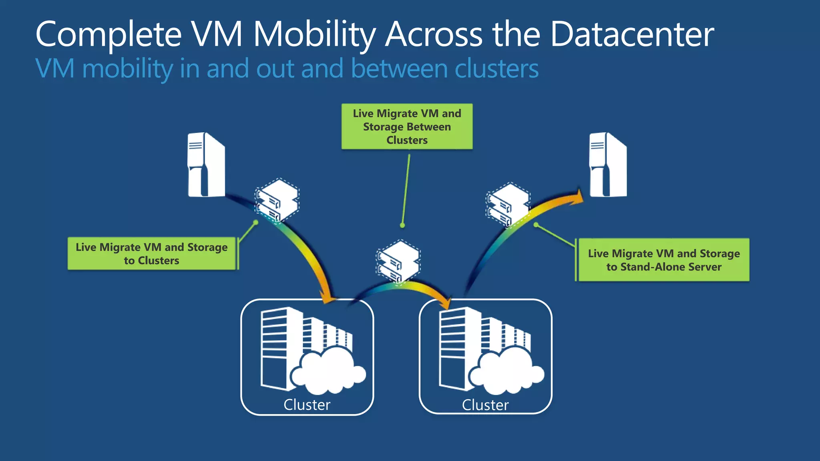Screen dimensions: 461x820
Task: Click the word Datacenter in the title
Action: [632, 34]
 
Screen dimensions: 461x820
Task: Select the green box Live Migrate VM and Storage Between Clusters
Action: [407, 126]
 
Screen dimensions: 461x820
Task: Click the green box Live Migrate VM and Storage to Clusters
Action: [151, 254]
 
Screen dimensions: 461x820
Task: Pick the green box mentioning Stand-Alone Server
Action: [663, 260]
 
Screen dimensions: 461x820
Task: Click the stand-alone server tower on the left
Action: [206, 165]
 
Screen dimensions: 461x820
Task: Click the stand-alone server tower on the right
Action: [608, 165]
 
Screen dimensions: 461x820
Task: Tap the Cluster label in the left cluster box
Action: [307, 405]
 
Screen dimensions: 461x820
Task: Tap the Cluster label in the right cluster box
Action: [485, 405]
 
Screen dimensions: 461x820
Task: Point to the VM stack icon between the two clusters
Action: [398, 261]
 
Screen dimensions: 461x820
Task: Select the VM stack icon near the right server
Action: [508, 204]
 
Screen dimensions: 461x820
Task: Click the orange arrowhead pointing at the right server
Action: [577, 197]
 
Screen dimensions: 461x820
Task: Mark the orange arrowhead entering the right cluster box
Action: [445, 302]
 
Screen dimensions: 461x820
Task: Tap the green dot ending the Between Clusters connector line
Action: [402, 225]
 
